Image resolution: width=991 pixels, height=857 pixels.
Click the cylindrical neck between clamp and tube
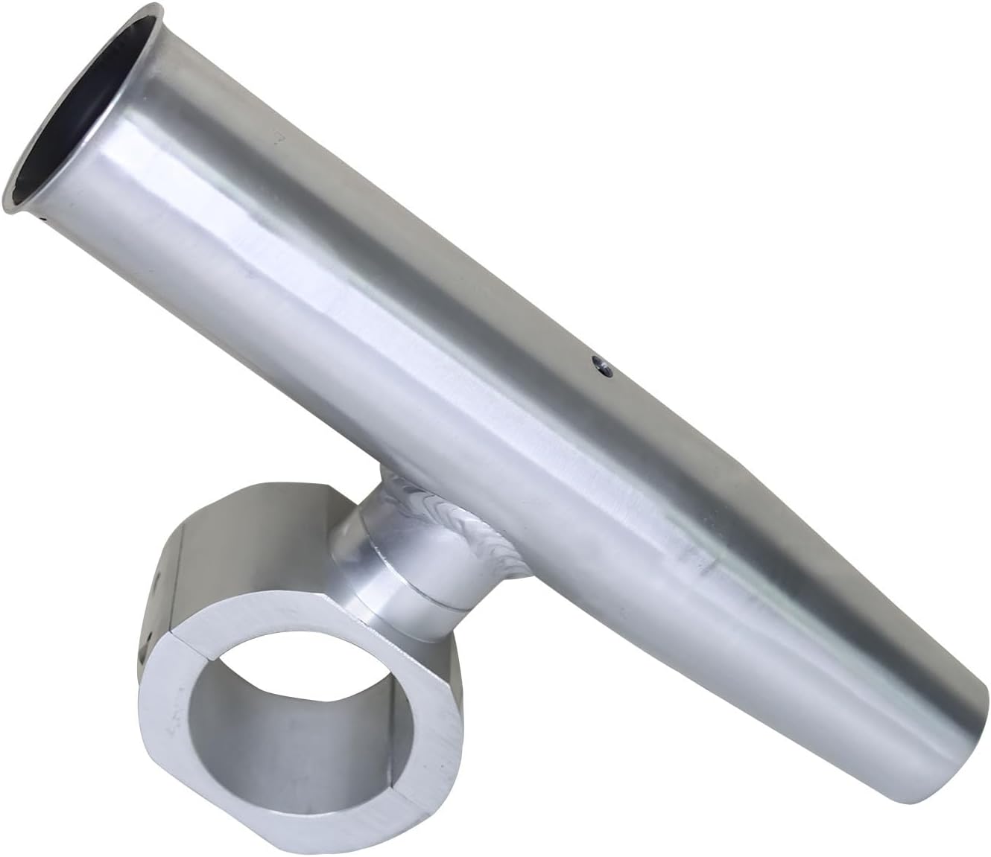pos(387,566)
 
